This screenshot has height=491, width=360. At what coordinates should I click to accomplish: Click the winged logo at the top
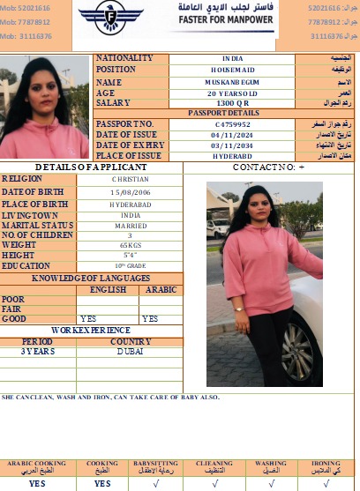(111, 16)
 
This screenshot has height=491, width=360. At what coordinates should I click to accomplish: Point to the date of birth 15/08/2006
(131, 191)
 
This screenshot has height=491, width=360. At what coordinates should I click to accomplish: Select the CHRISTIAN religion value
(131, 179)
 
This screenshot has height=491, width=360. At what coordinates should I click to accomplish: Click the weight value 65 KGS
(131, 244)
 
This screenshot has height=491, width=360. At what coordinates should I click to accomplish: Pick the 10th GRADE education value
(131, 265)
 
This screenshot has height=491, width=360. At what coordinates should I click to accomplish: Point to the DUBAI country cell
(130, 351)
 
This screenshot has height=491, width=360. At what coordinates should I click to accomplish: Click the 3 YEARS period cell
(38, 351)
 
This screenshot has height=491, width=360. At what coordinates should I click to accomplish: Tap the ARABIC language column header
(161, 289)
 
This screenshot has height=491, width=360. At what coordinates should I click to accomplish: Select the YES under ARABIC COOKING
(37, 483)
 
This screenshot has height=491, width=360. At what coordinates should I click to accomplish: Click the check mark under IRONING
(326, 483)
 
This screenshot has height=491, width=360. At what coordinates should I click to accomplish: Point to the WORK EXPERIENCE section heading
(91, 330)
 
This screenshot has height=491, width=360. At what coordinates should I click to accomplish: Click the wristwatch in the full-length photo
(237, 309)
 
